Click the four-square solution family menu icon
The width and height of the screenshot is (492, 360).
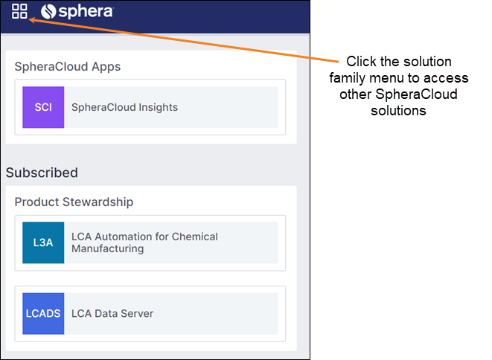[19, 11]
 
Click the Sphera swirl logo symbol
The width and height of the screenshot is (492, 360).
[48, 12]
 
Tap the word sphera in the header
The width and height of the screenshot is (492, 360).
[86, 12]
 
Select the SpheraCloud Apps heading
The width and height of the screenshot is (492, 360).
[68, 66]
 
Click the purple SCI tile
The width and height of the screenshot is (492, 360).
[43, 107]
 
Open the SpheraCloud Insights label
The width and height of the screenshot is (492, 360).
[124, 107]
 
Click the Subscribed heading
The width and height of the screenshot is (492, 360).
[42, 173]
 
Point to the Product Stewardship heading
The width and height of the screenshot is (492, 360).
[74, 202]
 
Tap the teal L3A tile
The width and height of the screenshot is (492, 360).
[43, 242]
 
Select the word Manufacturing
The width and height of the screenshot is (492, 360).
[108, 248]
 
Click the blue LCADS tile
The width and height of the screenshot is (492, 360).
[43, 314]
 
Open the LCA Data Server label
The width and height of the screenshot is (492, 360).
[112, 314]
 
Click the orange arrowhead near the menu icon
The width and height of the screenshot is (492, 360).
[31, 20]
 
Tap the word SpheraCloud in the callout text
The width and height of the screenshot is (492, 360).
[416, 94]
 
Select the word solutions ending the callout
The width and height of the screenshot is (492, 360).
[398, 110]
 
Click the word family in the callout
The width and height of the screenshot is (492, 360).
[348, 78]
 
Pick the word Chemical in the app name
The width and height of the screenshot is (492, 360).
[195, 237]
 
